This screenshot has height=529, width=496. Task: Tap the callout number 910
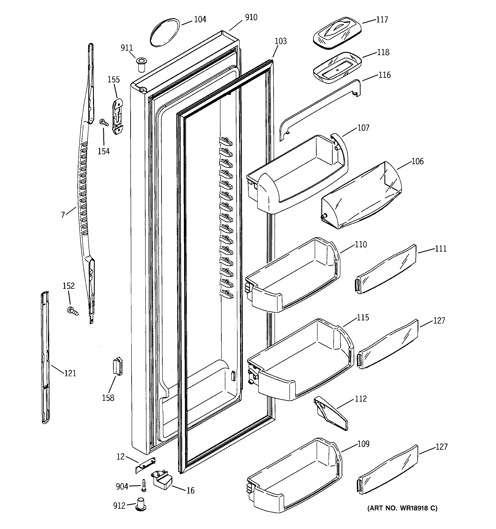pos(251,18)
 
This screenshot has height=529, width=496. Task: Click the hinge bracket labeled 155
pos(117,116)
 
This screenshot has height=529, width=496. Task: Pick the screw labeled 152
pos(73,311)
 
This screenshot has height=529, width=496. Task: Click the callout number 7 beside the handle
pos(63,215)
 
